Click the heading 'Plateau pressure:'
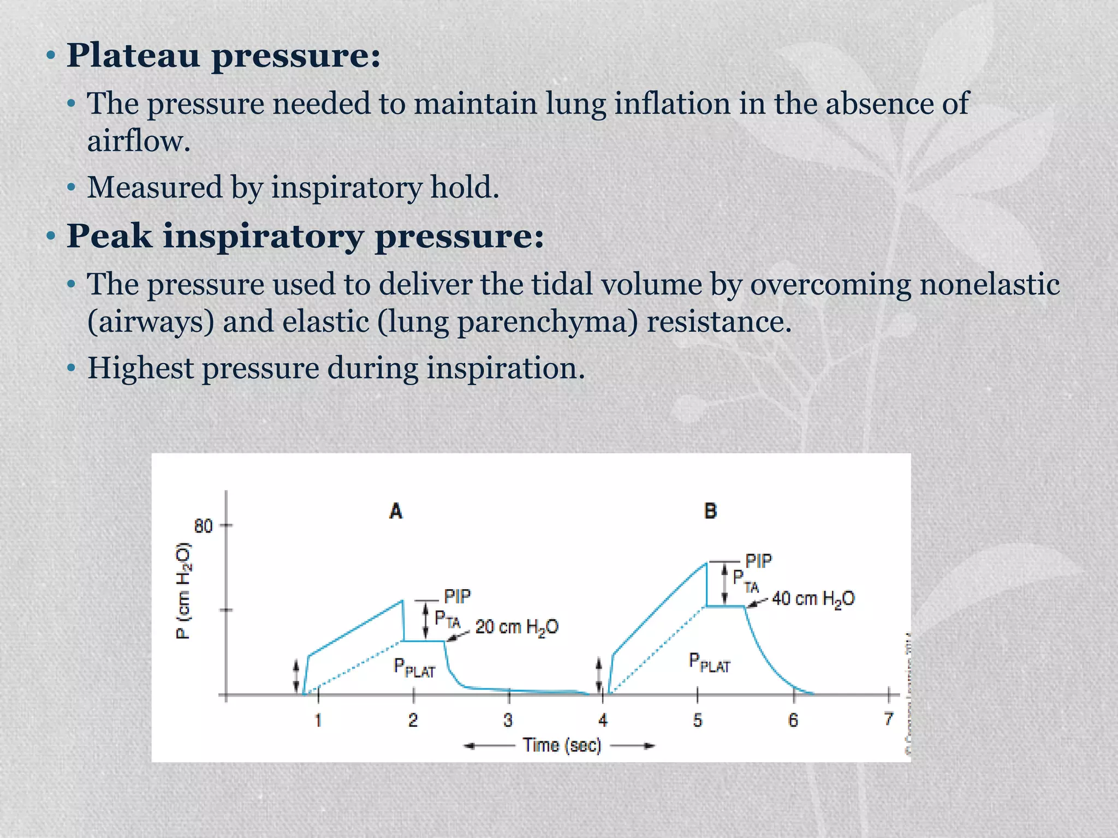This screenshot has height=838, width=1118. [223, 56]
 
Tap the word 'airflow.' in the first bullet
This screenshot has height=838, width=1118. [139, 141]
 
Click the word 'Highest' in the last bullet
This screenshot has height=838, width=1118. [140, 368]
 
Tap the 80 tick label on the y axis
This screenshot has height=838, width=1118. [203, 526]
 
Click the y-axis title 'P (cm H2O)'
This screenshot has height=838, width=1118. [183, 590]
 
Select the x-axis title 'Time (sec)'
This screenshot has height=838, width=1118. [562, 745]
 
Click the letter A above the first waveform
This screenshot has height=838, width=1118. [396, 511]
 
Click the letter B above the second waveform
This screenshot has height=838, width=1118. [710, 511]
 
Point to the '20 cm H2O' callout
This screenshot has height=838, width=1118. [516, 627]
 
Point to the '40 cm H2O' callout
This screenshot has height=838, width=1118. [813, 598]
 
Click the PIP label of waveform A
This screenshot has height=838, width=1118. [457, 596]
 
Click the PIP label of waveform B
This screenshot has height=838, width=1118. [759, 561]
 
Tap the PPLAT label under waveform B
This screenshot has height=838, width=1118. [709, 663]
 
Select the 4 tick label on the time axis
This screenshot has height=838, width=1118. [603, 721]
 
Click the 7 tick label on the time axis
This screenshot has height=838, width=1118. [889, 719]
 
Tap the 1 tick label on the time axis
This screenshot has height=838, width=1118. [318, 721]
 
